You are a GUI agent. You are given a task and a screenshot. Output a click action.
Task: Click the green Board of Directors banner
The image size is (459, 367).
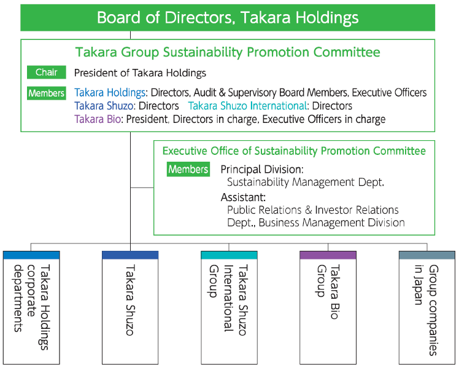tap(228, 17)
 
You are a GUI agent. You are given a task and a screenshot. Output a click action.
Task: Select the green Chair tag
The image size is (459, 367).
tap(47, 73)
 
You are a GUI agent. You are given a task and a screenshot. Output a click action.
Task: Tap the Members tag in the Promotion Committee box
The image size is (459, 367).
tap(47, 93)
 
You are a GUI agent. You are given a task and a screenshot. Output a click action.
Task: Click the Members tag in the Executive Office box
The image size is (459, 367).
tap(188, 169)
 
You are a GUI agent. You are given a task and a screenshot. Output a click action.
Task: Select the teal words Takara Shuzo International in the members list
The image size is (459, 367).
tap(247, 106)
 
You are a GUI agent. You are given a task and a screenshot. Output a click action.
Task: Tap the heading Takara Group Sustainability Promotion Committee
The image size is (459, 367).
tap(228, 53)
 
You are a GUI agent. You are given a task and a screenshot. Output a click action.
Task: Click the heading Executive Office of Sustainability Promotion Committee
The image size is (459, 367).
tap(294, 151)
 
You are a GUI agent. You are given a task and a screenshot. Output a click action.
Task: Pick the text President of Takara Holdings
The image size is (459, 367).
tap(140, 73)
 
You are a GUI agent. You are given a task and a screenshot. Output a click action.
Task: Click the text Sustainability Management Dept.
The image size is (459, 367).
tap(306, 182)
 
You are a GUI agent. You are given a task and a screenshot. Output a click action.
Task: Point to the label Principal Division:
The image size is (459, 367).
tap(262, 169)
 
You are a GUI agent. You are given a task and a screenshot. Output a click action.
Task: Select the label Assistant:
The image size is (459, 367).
tap(243, 197)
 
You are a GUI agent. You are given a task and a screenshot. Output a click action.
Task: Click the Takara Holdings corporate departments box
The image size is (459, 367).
tap(31, 307)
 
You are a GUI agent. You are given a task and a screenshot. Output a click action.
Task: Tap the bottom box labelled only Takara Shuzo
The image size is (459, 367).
tap(130, 307)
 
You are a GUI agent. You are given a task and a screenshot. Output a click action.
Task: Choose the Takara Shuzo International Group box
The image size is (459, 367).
tap(229, 307)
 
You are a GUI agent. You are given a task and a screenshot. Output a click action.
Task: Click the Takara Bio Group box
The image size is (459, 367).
tap(328, 307)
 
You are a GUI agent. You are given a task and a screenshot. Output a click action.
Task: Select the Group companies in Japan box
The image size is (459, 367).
tap(426, 307)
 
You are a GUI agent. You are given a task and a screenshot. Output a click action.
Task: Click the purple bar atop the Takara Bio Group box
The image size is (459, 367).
tap(328, 255)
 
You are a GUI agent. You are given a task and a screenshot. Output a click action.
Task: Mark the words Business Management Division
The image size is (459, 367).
tap(331, 223)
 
